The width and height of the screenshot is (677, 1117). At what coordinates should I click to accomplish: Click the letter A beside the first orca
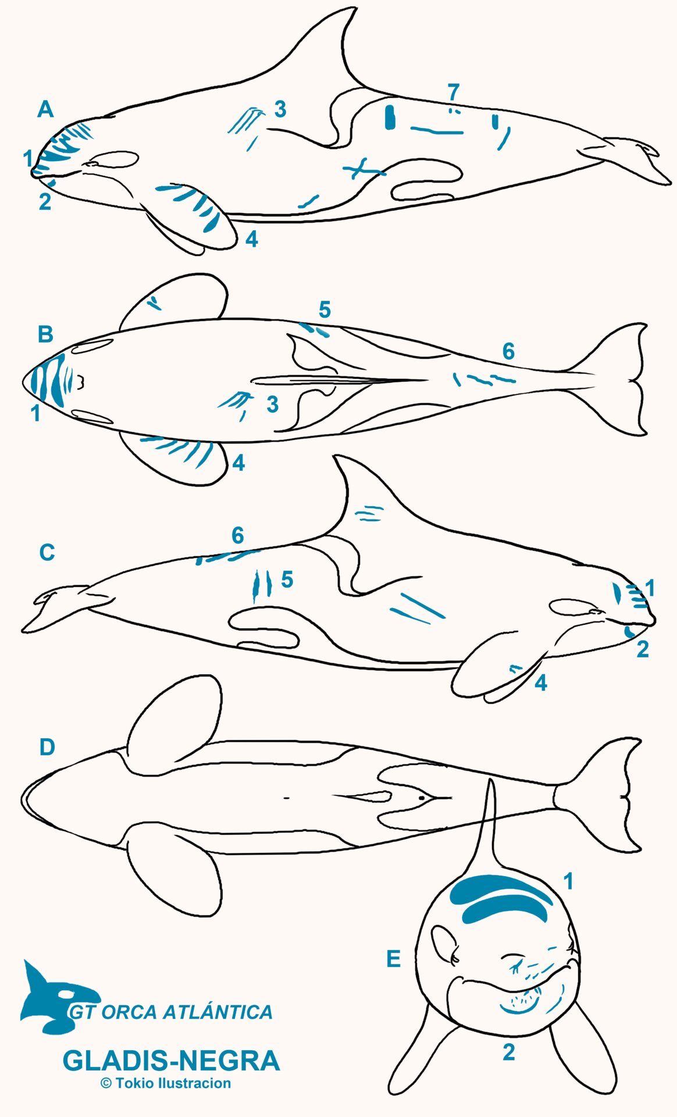coord(45,109)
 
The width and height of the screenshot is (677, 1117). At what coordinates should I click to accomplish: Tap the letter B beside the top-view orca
coord(45,335)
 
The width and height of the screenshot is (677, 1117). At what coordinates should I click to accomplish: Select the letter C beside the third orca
coord(47,552)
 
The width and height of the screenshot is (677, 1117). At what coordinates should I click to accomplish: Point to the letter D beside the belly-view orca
coord(47,747)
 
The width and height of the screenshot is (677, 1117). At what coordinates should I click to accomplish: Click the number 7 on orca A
coord(454,91)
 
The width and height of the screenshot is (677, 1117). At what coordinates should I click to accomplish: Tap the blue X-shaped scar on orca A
coord(362,169)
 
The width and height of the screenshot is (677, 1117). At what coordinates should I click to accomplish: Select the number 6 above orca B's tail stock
coord(508,351)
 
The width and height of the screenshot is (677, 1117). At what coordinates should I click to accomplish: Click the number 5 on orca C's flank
coord(287,580)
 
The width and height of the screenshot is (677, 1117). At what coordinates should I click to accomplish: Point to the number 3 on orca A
coord(280,109)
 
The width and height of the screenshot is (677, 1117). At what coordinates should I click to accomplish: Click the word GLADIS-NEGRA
coord(171,1061)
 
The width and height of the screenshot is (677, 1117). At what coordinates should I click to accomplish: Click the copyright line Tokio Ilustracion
coord(166,1083)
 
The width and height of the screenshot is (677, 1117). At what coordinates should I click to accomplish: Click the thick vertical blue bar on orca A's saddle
coord(390,116)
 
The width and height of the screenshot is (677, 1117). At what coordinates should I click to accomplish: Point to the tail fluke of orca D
coord(611,794)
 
